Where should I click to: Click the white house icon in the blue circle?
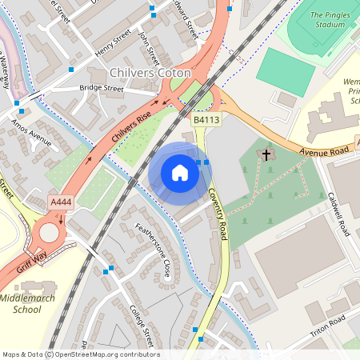[180, 173]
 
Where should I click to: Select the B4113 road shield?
[206, 120]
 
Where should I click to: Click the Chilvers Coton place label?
[150, 73]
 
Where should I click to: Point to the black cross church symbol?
[266, 154]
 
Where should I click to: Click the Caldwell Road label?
[339, 213]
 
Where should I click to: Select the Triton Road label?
[328, 326]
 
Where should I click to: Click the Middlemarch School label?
[32, 303]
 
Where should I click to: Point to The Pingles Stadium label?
[329, 19]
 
